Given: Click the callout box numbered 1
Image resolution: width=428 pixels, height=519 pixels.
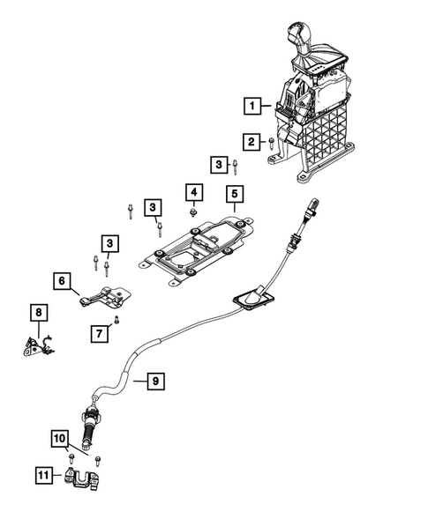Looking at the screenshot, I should pos(253,108).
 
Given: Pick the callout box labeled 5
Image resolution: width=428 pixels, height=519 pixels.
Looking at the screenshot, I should pos(234,193).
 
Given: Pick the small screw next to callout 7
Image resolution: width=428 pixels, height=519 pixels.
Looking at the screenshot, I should pos(116,319).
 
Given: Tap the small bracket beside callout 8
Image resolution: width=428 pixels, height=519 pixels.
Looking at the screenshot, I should pos(35,346).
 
